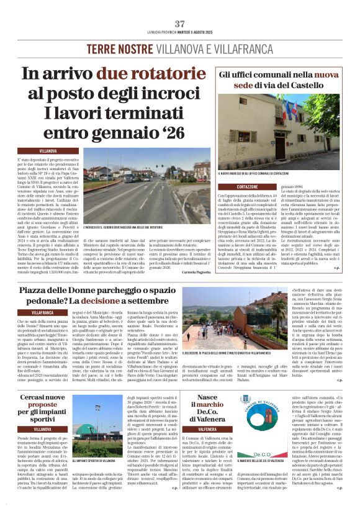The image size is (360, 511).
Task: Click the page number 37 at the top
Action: [180, 24]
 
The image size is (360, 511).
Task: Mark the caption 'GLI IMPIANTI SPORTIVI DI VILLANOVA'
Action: [94, 461]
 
